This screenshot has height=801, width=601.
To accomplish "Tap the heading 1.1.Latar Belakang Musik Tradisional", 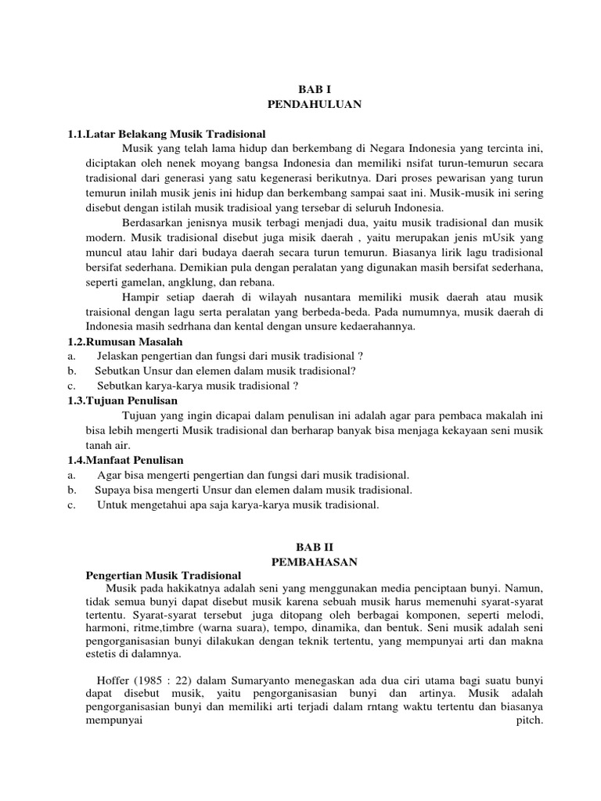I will point(167,134).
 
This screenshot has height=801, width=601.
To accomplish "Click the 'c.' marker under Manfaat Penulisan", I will point(71,505).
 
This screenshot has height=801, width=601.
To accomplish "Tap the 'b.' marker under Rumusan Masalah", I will point(72,371).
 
